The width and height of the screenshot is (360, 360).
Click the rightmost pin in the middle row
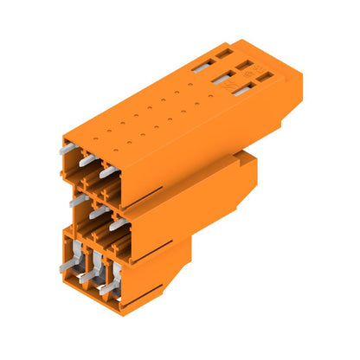coord(116,223)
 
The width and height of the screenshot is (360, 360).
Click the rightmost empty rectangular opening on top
coord(263,76)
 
